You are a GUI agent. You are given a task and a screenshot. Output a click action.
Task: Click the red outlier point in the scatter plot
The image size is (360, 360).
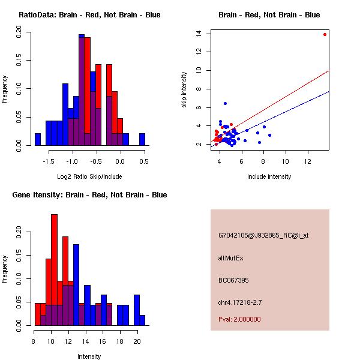coord(325,34)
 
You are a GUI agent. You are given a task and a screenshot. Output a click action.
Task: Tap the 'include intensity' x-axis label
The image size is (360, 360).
coord(269,176)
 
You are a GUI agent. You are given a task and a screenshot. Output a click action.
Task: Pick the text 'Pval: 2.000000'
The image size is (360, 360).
coord(239,319)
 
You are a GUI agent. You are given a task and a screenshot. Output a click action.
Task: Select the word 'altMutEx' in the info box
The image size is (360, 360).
coord(231,258)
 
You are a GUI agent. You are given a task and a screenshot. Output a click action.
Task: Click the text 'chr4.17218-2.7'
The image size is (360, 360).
coord(241,302)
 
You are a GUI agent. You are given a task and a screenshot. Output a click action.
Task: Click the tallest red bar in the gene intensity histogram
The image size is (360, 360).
coord(55,269)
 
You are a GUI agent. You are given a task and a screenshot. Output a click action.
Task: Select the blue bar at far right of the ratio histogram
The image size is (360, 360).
coord(142,139)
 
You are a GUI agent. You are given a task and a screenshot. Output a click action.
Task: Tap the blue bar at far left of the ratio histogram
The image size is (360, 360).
coord(38,139)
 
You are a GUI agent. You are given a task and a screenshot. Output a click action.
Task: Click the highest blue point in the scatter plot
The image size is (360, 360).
coord(225,103)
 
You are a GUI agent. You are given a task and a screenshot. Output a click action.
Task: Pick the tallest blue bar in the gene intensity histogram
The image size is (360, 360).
coord(76,285)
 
